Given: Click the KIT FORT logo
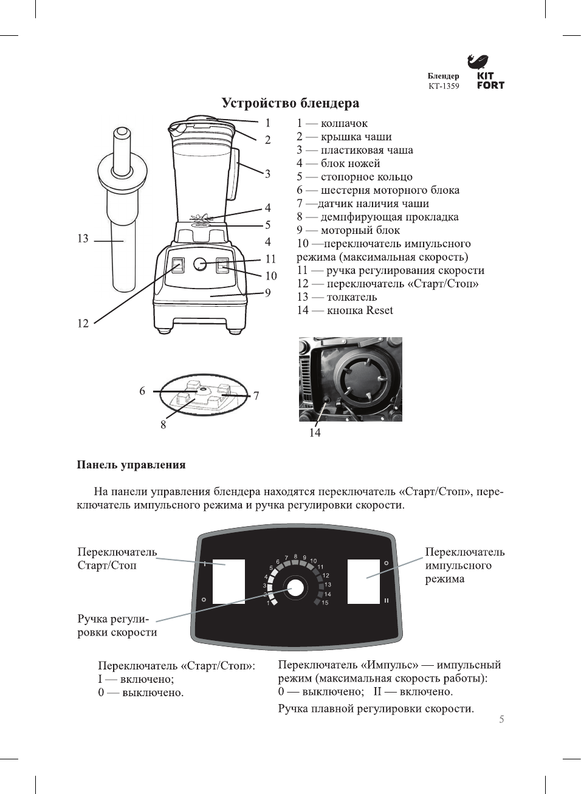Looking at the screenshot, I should pyautogui.click(x=490, y=74).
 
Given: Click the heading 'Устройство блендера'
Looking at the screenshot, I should pyautogui.click(x=290, y=103).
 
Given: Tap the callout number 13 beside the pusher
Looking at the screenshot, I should pyautogui.click(x=83, y=239).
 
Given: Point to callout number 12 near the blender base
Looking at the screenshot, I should pyautogui.click(x=83, y=323).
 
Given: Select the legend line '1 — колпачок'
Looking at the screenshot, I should pyautogui.click(x=332, y=123).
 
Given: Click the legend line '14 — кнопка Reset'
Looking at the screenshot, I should pyautogui.click(x=345, y=310).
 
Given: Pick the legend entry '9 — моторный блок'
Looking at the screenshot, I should pyautogui.click(x=348, y=230).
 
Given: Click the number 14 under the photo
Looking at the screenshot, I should pyautogui.click(x=315, y=433).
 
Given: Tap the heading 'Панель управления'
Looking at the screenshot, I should pyautogui.click(x=131, y=465).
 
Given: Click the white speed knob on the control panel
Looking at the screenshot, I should pyautogui.click(x=296, y=588).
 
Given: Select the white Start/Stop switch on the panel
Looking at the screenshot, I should pyautogui.click(x=229, y=581).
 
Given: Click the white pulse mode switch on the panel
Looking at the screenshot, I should pyautogui.click(x=363, y=581).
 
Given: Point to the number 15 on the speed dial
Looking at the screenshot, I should pyautogui.click(x=325, y=603).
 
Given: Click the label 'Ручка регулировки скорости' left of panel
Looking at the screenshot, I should pyautogui.click(x=117, y=626).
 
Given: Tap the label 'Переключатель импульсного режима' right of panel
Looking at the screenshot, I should pyautogui.click(x=464, y=565).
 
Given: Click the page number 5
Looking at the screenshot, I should pyautogui.click(x=501, y=719).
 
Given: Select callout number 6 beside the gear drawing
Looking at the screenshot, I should pyautogui.click(x=142, y=391).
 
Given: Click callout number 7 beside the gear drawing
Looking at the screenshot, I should pyautogui.click(x=256, y=396).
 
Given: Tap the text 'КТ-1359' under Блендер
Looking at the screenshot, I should pyautogui.click(x=444, y=86).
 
